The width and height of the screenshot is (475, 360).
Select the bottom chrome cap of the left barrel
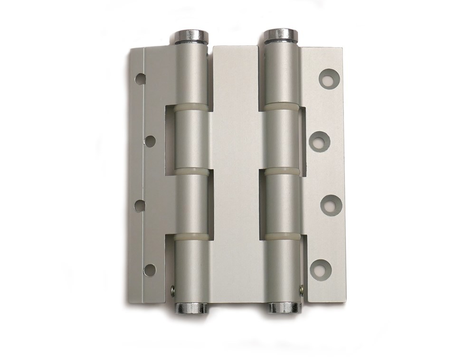192,307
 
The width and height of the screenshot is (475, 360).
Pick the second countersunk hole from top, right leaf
320,142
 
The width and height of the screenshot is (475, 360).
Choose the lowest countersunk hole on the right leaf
320,269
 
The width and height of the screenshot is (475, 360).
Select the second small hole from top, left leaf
150,141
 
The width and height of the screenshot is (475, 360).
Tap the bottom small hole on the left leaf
150,269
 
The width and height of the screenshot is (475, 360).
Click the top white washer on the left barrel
192,108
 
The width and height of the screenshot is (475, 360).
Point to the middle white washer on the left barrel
192,171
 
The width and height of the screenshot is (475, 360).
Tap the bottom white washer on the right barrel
283,236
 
